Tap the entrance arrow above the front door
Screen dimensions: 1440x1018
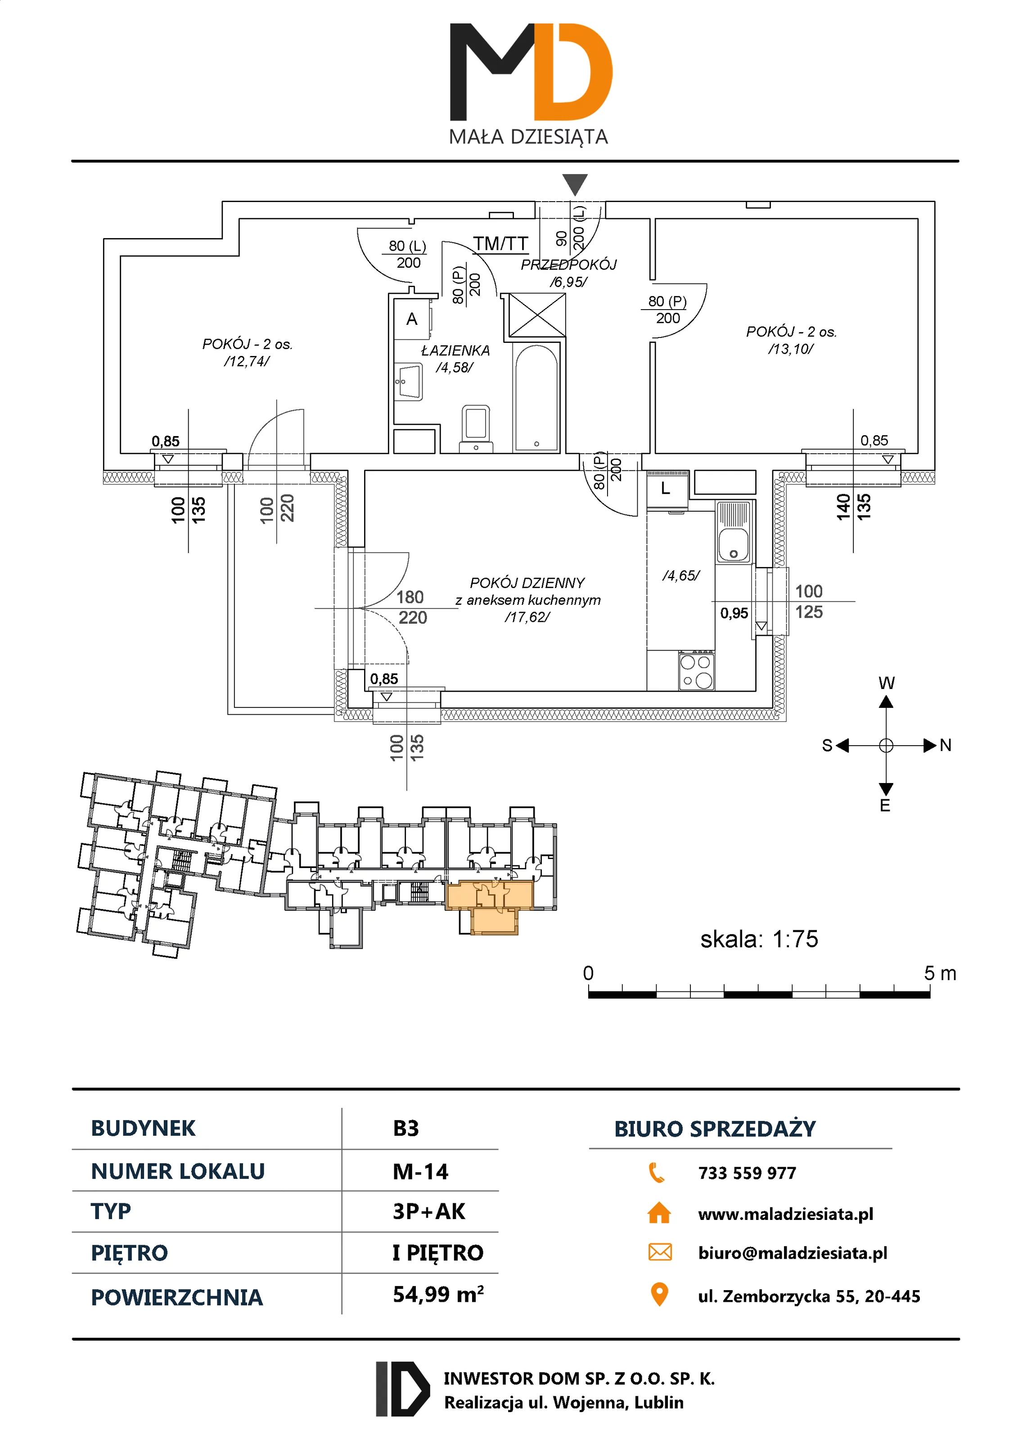[x=575, y=184]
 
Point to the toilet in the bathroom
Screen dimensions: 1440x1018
[x=476, y=427]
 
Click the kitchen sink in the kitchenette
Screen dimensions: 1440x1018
[x=733, y=532]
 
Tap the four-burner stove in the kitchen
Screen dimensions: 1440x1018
[x=696, y=670]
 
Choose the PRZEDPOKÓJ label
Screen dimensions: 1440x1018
[x=568, y=265]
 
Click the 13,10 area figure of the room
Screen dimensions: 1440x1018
[x=790, y=349]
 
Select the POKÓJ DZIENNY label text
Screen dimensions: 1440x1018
[x=527, y=583]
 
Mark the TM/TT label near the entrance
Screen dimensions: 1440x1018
[x=500, y=243]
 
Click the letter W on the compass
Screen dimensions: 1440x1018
[x=886, y=684]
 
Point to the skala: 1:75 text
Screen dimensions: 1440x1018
[x=759, y=939]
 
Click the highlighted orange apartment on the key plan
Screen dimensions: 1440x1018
[x=489, y=903]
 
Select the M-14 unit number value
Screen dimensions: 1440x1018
[x=420, y=1171]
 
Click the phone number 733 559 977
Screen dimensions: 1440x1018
[x=747, y=1173]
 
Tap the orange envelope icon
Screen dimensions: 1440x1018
[x=659, y=1252]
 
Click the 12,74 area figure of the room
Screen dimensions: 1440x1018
[x=247, y=361]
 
